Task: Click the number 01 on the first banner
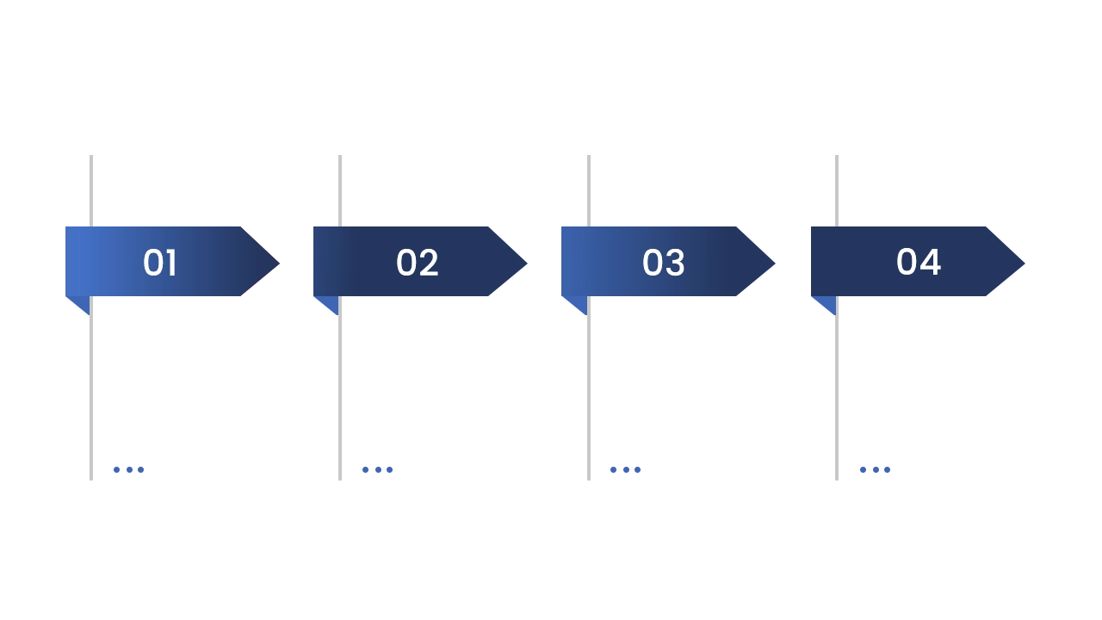[160, 263]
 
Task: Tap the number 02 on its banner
[418, 263]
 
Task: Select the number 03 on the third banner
[664, 263]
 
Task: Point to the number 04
[919, 262]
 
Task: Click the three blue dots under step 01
[127, 468]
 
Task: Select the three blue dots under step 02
[375, 468]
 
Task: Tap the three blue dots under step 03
[623, 468]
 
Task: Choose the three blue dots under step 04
[874, 468]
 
